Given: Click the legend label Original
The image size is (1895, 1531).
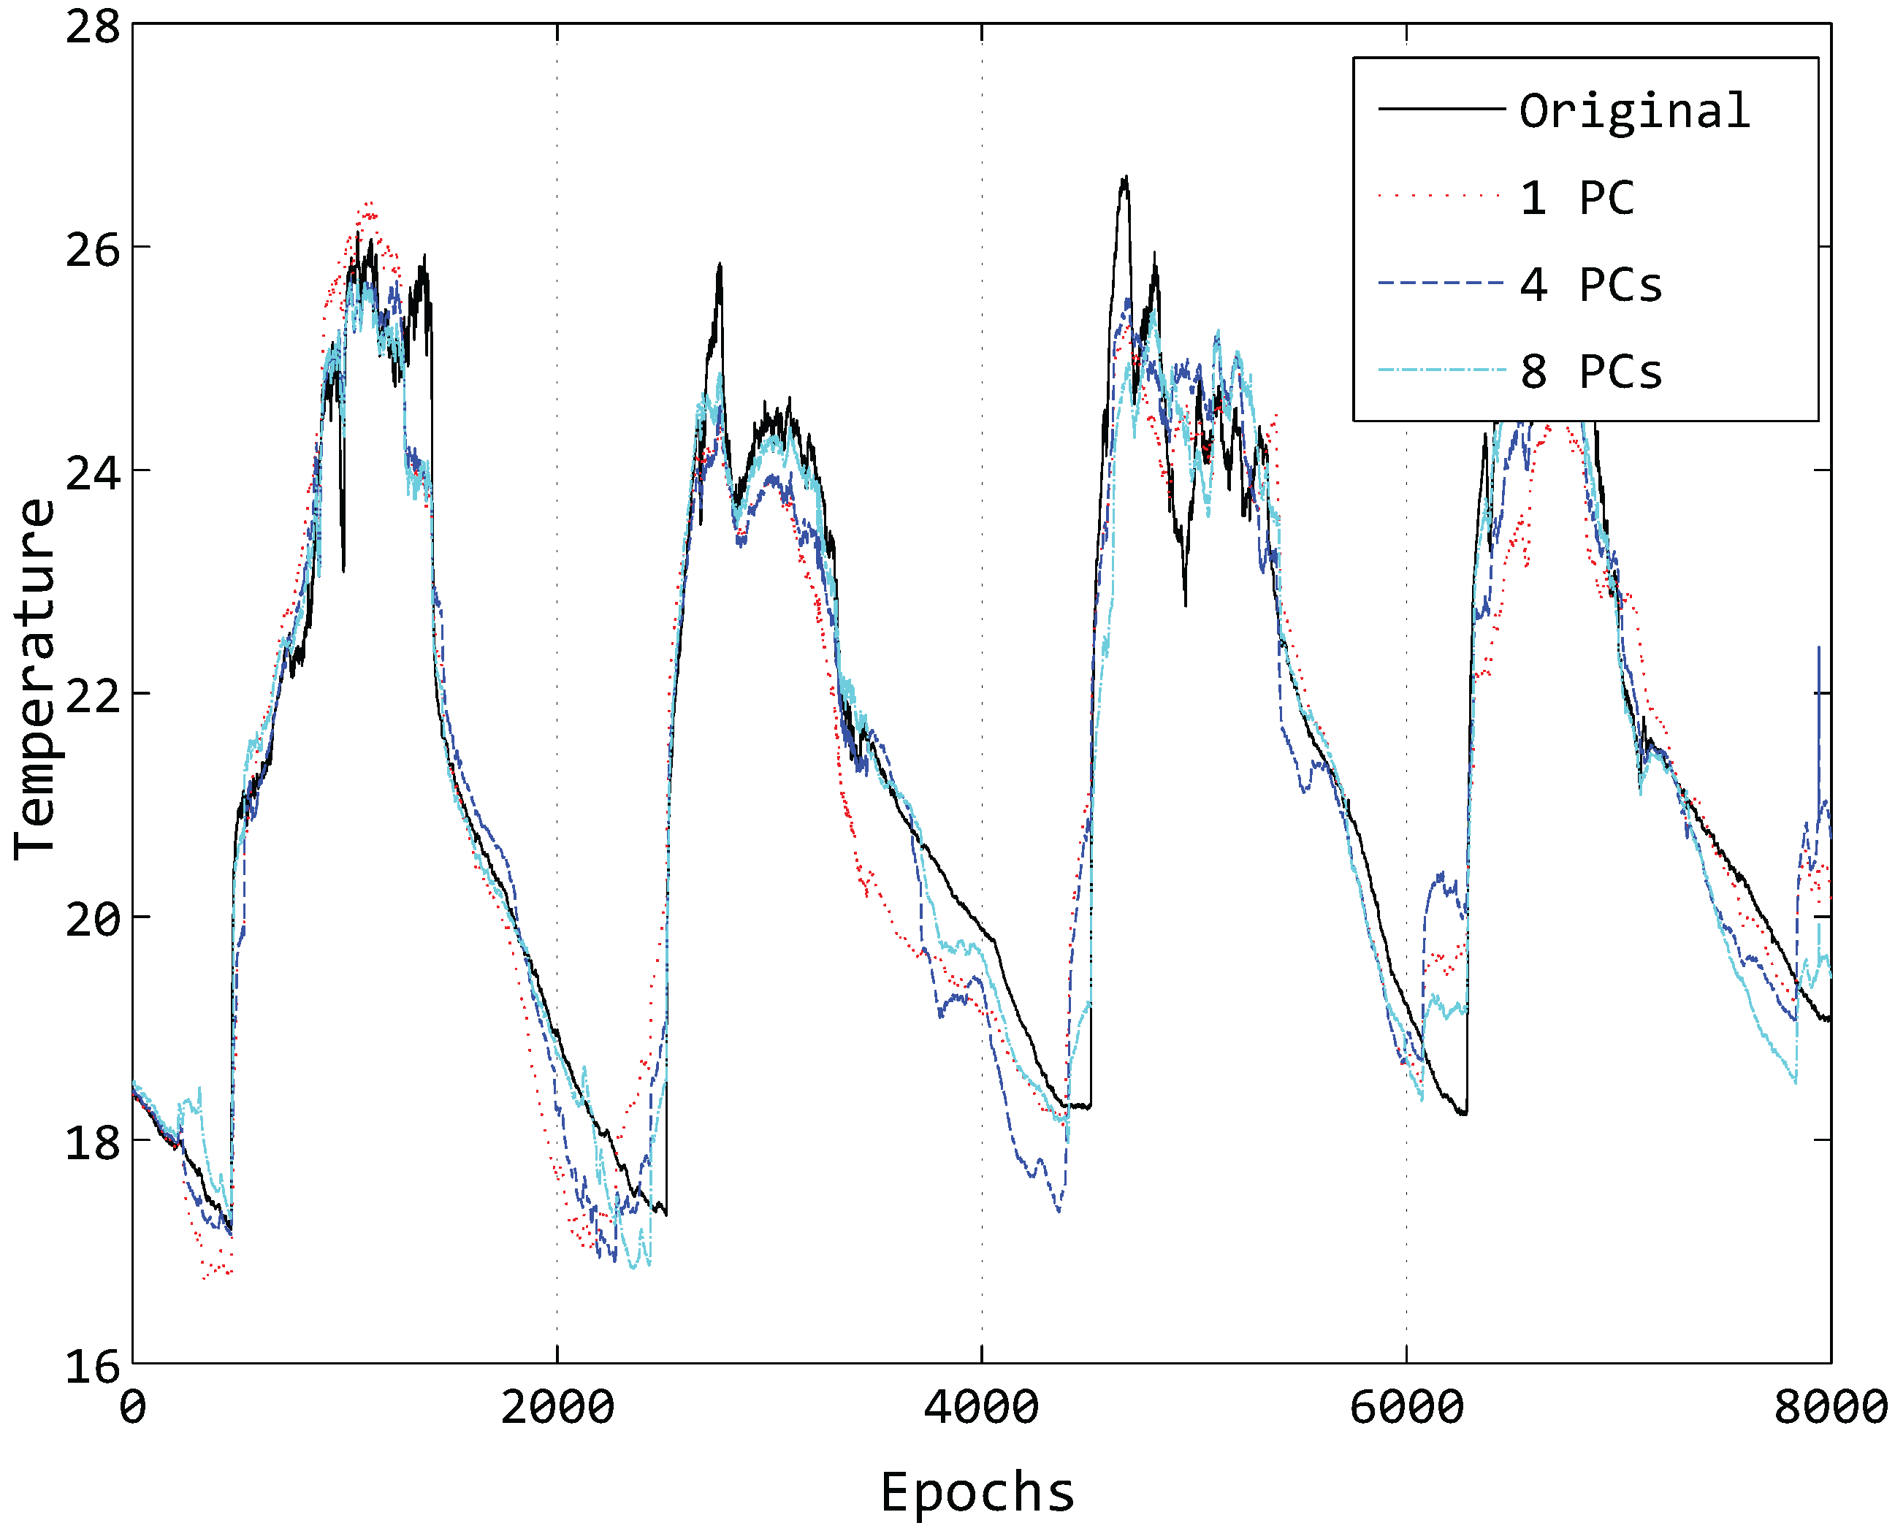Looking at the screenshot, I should point(1634,112).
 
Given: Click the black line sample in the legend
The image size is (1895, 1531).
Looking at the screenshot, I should point(1440,109).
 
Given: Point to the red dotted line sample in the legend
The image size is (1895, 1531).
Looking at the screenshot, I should point(1440,196).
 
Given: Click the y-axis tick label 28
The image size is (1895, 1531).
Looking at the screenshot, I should point(93,26).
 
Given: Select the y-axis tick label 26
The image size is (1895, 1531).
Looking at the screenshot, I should point(93,251).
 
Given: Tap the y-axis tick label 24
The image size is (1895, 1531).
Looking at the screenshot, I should point(93,473).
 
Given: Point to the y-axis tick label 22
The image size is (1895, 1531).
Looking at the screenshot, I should point(93,697).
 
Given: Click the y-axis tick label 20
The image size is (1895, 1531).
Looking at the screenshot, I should point(93,920).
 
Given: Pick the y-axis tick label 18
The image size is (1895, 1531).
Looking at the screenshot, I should point(93,1143).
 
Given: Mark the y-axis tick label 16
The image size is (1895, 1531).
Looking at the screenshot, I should point(93,1366).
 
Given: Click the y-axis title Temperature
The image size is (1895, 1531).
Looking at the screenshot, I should point(35,679).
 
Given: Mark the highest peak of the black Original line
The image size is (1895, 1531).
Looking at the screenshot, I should point(1125,177).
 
